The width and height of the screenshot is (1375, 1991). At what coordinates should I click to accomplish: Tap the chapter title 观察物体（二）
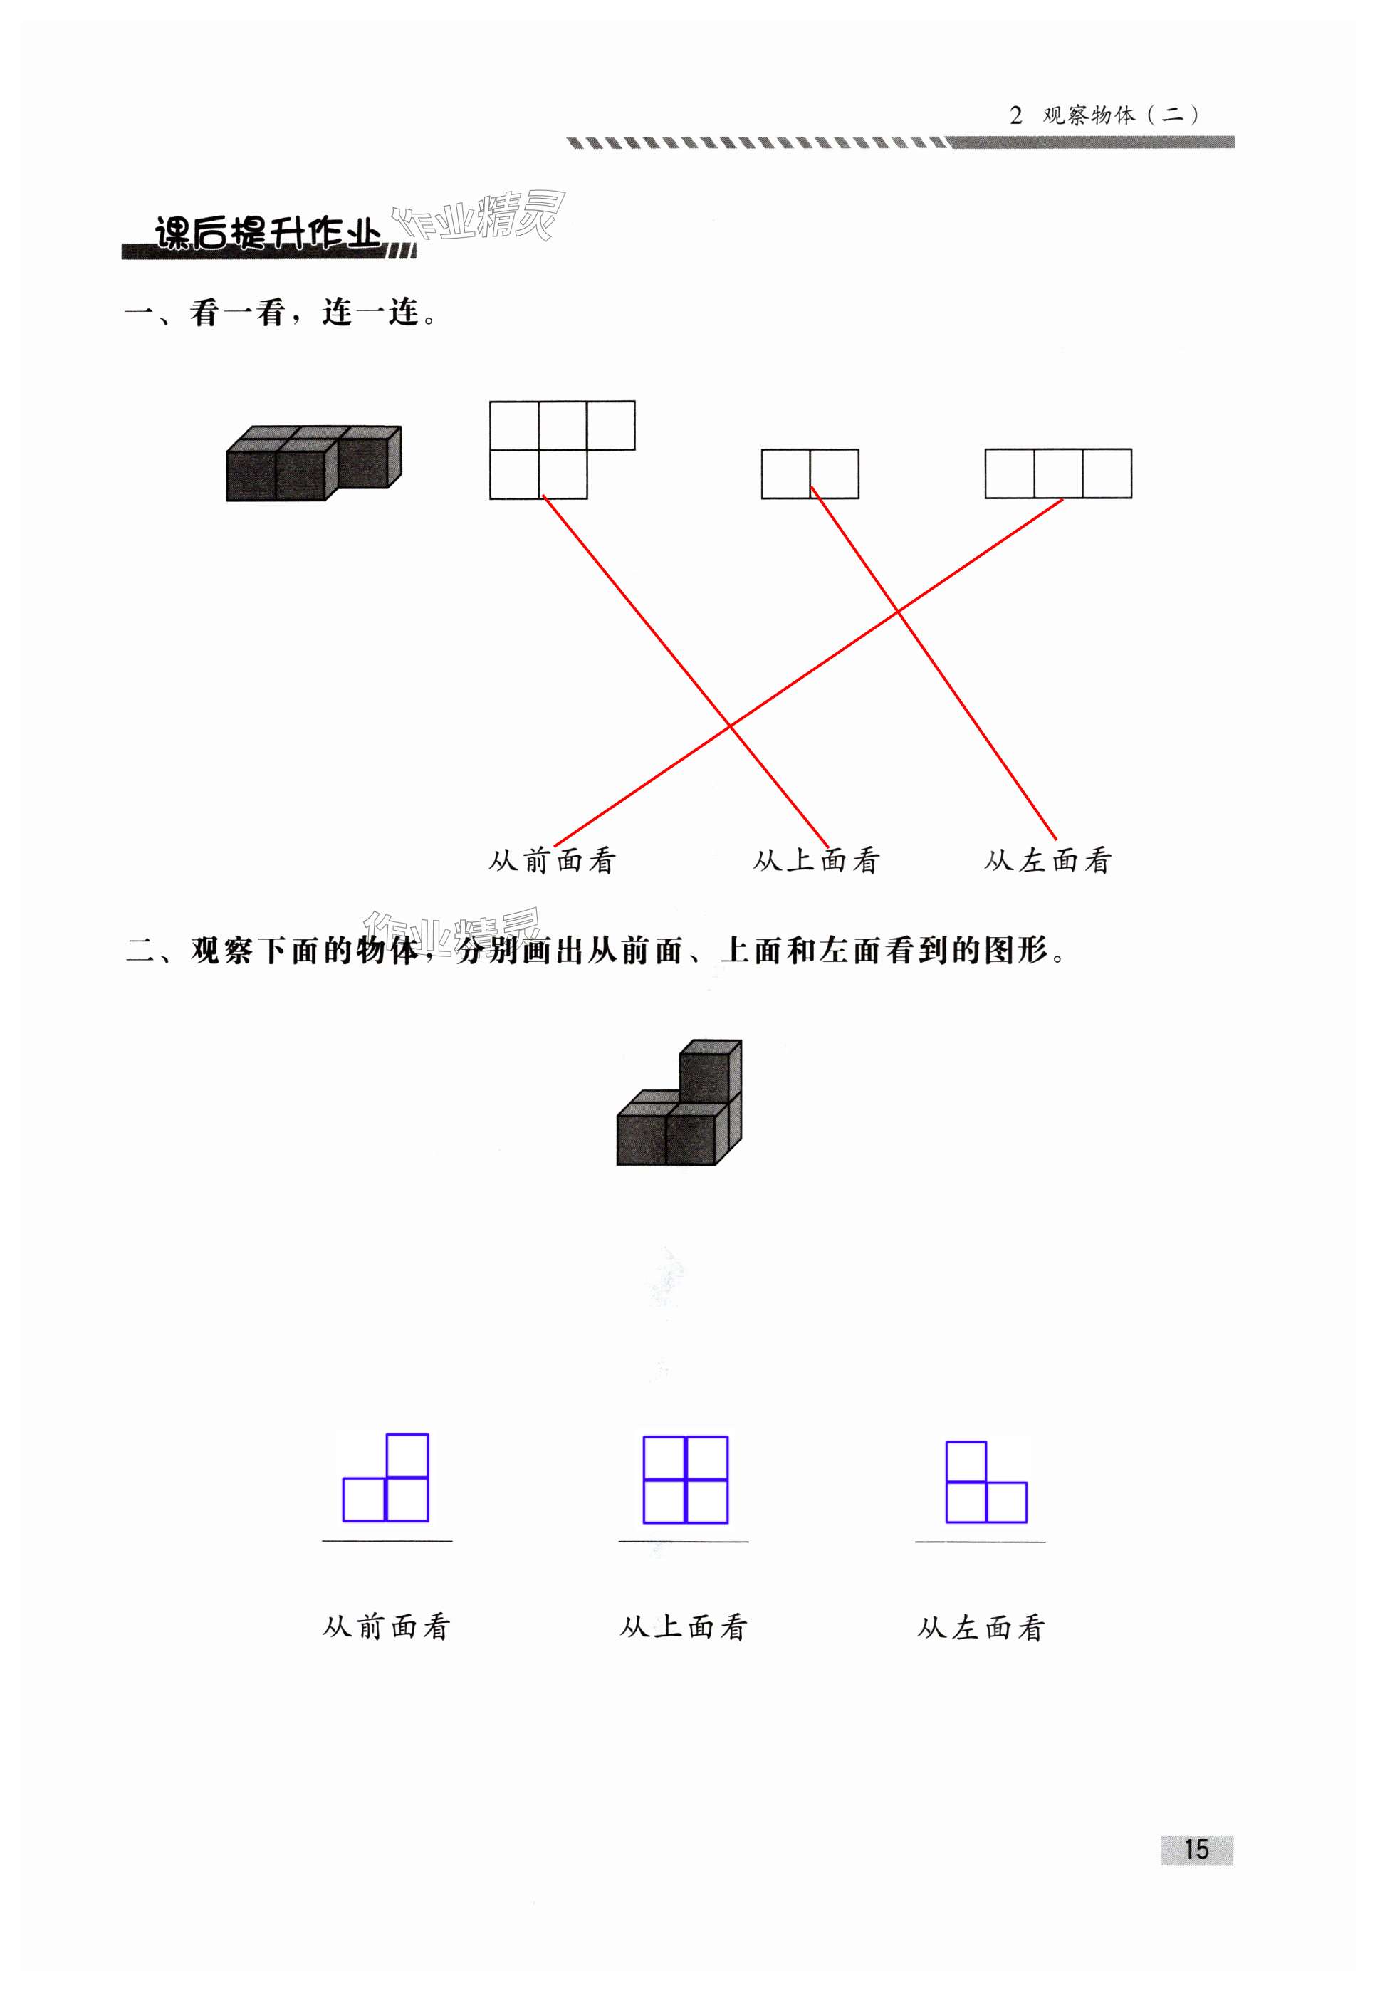point(1119,115)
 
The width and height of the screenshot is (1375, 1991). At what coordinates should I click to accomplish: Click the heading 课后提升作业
point(267,234)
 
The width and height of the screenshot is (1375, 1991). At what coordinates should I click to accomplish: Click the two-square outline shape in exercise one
point(809,473)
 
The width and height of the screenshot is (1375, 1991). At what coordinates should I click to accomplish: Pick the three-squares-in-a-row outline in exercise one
point(1057,473)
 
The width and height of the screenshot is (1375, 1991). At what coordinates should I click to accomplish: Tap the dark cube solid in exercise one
point(313,463)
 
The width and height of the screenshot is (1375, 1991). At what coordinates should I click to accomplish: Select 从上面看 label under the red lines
point(815,861)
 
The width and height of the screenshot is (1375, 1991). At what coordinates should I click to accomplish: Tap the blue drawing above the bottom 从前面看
point(386,1478)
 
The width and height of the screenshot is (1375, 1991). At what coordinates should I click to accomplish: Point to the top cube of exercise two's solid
point(710,1068)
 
